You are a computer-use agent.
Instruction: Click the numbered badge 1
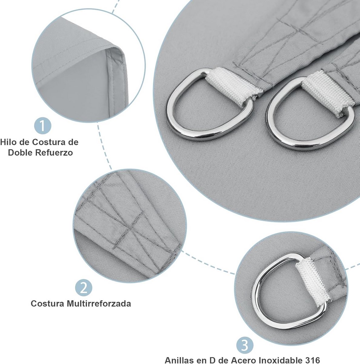click(43, 126)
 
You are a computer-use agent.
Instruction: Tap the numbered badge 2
click(84, 288)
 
